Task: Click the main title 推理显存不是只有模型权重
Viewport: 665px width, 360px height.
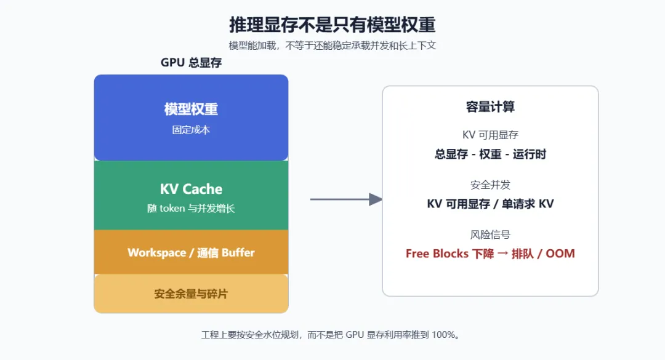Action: click(332, 25)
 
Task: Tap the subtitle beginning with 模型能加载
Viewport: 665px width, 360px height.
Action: click(332, 46)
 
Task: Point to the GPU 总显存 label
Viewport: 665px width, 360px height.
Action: click(191, 63)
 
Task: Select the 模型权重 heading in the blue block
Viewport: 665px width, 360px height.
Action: click(191, 109)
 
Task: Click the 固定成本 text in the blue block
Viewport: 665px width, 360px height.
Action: click(191, 130)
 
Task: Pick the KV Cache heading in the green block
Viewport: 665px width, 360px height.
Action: click(191, 189)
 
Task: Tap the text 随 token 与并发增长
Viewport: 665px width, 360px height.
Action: click(191, 208)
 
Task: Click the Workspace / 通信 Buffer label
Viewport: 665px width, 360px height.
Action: click(191, 253)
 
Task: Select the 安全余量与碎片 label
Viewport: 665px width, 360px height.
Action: click(191, 294)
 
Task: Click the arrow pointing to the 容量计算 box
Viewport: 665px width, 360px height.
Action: click(346, 199)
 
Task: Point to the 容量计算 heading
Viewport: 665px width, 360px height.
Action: click(490, 107)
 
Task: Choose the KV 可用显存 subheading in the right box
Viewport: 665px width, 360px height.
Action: click(490, 135)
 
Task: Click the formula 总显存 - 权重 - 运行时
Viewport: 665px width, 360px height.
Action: click(490, 154)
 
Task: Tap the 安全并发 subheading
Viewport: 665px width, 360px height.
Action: click(490, 185)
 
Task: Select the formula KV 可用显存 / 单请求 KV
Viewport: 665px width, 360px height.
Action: click(490, 204)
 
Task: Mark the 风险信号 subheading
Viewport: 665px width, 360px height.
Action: click(490, 234)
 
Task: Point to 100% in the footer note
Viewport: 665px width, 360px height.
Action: click(443, 335)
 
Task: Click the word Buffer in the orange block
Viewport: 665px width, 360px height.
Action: click(238, 253)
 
